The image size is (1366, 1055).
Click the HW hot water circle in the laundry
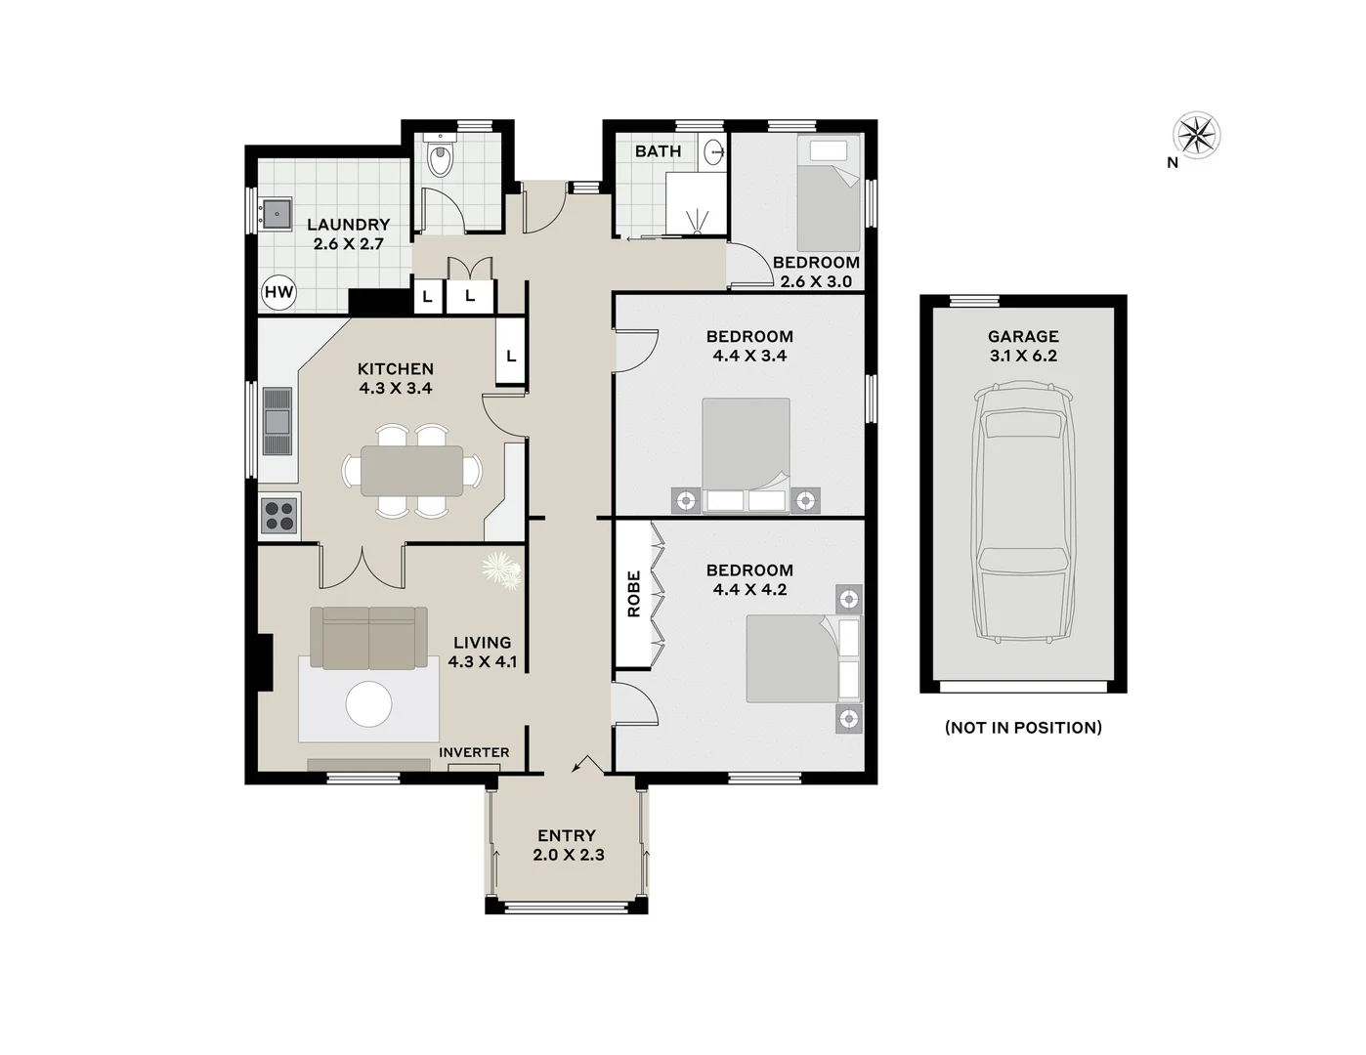[278, 292]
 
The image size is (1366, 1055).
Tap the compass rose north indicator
[1196, 136]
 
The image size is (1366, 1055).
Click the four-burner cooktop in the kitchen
[279, 515]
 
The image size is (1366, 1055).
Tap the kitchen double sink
[277, 421]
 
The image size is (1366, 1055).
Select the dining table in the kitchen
[411, 471]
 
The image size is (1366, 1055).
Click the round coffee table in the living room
[369, 703]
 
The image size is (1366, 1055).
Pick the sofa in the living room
[368, 637]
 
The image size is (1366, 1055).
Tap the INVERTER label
[474, 752]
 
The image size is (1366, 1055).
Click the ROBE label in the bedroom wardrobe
[633, 594]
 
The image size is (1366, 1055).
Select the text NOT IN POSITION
[1023, 727]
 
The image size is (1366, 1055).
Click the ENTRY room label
[567, 836]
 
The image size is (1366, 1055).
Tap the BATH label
[658, 151]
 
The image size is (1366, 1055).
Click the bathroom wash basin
[715, 152]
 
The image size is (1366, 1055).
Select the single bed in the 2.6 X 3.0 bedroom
[829, 193]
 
